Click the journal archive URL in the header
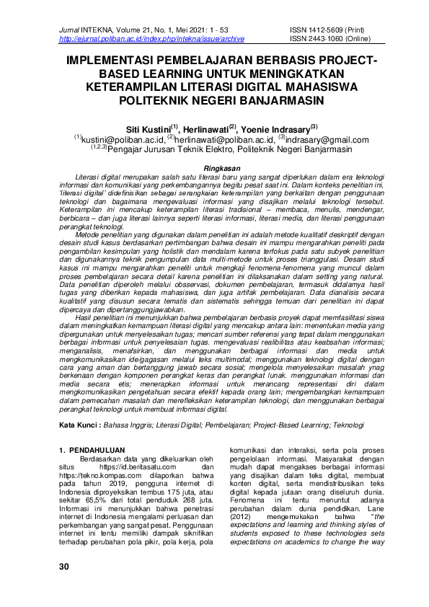151,38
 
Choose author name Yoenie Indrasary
278,128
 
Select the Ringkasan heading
215,167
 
